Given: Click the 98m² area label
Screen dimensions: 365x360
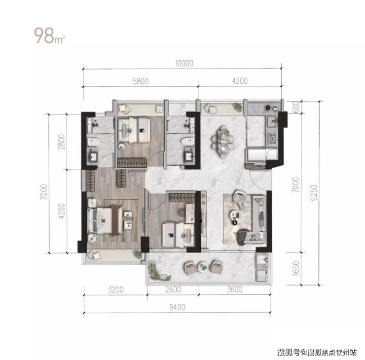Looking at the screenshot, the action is click(49, 36).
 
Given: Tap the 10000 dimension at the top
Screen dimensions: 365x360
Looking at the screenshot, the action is click(184, 63).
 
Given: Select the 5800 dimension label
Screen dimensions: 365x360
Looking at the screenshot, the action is click(141, 81).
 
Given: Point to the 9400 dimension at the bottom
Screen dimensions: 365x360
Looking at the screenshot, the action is click(177, 307).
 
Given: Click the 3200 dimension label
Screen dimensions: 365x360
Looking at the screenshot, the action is click(116, 289).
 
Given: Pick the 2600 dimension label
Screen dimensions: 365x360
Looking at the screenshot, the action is click(173, 289).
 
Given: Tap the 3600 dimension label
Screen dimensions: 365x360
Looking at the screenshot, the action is click(235, 289).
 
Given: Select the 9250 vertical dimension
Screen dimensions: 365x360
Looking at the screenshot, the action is click(314, 193).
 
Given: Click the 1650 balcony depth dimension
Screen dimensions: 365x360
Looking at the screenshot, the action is click(295, 269).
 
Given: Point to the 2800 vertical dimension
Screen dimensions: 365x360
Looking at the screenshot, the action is click(62, 142).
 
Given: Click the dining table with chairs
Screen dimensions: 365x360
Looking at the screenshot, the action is click(223, 142).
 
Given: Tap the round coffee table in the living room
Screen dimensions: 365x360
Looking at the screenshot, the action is click(235, 215).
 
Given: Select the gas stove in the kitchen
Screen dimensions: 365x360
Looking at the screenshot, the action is click(271, 139).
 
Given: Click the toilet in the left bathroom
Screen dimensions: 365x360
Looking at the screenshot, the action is click(94, 142).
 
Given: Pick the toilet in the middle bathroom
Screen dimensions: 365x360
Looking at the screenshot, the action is click(187, 142).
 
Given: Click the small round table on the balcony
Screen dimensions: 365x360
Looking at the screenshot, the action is click(203, 267).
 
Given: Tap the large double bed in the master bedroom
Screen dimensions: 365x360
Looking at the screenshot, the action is click(105, 220).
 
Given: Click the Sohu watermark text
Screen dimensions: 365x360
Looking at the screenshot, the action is click(317, 352).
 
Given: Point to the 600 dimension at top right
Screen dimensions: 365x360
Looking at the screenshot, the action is click(295, 107).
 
